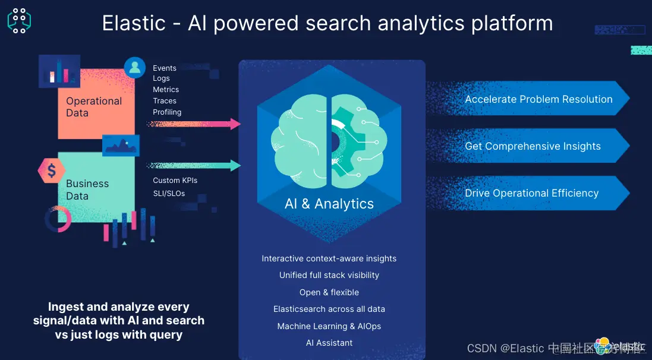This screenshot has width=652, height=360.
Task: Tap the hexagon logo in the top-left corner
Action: point(19,20)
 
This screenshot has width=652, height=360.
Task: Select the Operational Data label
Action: point(93,107)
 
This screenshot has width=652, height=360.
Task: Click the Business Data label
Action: point(87,190)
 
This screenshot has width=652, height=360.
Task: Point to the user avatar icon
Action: point(135,68)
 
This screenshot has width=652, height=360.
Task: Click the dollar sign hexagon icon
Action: point(52,171)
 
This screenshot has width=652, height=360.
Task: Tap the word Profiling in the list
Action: point(167,112)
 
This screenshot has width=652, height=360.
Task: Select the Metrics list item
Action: point(166,89)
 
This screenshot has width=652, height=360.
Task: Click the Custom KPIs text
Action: point(175,180)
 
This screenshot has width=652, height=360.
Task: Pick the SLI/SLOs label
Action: point(169,193)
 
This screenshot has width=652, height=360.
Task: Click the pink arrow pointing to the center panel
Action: point(196,124)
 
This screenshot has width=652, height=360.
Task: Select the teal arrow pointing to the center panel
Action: point(196,165)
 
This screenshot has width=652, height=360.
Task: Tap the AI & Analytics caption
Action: point(329,204)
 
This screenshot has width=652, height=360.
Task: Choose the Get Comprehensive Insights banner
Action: point(533,146)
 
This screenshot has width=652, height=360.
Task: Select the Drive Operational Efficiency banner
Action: point(531,193)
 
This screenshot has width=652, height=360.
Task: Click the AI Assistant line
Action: point(329,343)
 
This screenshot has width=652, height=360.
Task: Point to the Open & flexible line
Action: point(329,292)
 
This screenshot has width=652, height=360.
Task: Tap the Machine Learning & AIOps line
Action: point(329,326)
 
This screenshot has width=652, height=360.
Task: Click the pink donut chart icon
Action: point(58,219)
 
